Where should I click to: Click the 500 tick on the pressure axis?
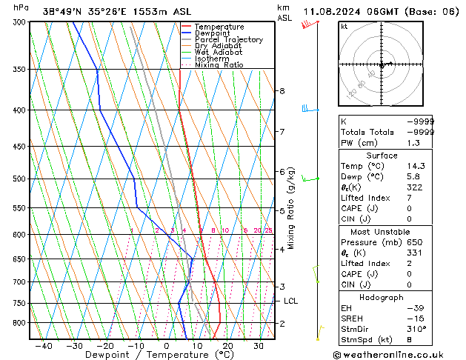point(19,179)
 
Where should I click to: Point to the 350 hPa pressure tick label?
point(19,70)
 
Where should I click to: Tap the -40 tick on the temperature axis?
point(43,345)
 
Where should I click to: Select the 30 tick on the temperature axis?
point(259,345)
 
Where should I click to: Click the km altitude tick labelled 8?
point(282,91)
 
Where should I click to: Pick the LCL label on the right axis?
point(290,301)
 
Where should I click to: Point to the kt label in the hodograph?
point(344,27)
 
